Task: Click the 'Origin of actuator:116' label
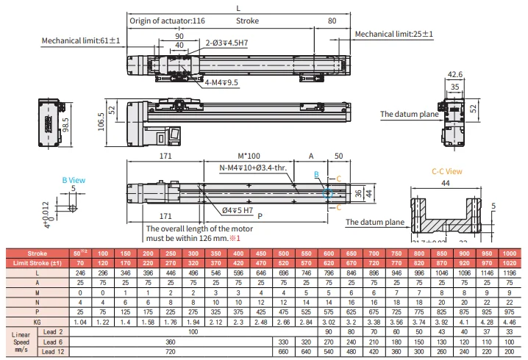point(167,21)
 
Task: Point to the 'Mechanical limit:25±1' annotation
point(393,35)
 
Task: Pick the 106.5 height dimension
point(100,119)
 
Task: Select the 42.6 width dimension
point(455,74)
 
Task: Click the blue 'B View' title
point(73,179)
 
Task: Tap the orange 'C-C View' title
point(446,170)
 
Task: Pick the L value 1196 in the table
point(510,272)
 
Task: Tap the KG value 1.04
point(79,321)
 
